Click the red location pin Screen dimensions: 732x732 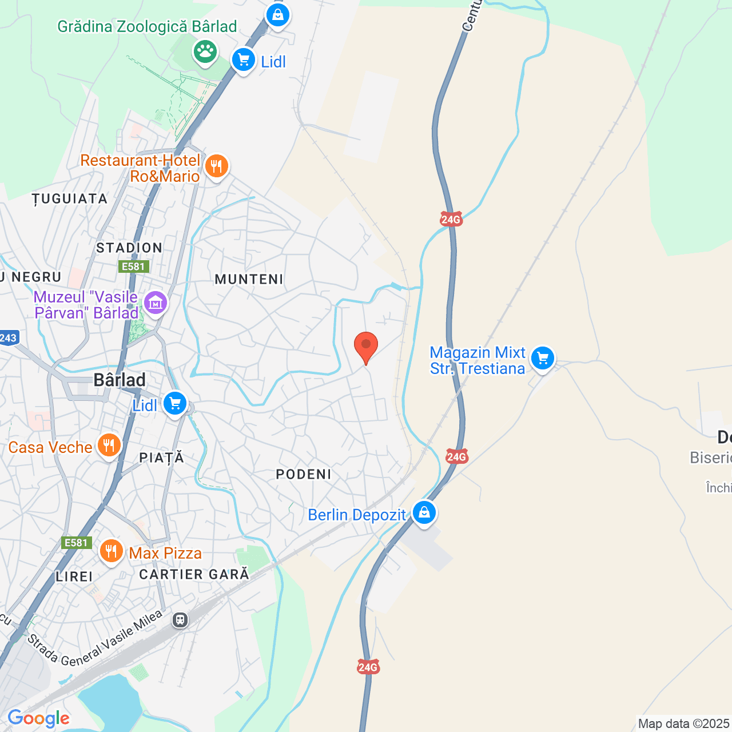coord(366,346)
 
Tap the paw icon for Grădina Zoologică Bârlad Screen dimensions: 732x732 coord(205,51)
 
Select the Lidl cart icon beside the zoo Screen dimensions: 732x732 coord(244,59)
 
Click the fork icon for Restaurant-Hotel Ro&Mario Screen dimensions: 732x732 coord(216,166)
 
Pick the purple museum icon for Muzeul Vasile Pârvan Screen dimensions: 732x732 coord(156,303)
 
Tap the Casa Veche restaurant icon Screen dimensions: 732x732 coord(109,445)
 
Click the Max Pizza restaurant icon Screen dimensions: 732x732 coord(111,551)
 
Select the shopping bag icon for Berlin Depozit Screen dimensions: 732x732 coord(424,512)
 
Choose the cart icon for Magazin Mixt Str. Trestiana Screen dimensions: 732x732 coord(542,359)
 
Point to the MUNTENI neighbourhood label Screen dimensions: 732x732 coord(249,279)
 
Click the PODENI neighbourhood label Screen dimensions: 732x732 coord(304,474)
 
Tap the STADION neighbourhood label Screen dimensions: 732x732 coord(129,248)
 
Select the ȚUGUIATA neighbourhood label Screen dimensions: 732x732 coord(70,199)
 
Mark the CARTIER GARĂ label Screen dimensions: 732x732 coord(194,574)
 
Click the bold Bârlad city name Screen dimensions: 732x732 coord(120,380)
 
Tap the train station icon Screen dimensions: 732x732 coord(180,620)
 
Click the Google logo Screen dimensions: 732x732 coord(38,718)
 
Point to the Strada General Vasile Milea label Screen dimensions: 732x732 coord(95,640)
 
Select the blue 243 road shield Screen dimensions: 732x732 coord(8,338)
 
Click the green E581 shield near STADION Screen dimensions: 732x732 coord(133,266)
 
